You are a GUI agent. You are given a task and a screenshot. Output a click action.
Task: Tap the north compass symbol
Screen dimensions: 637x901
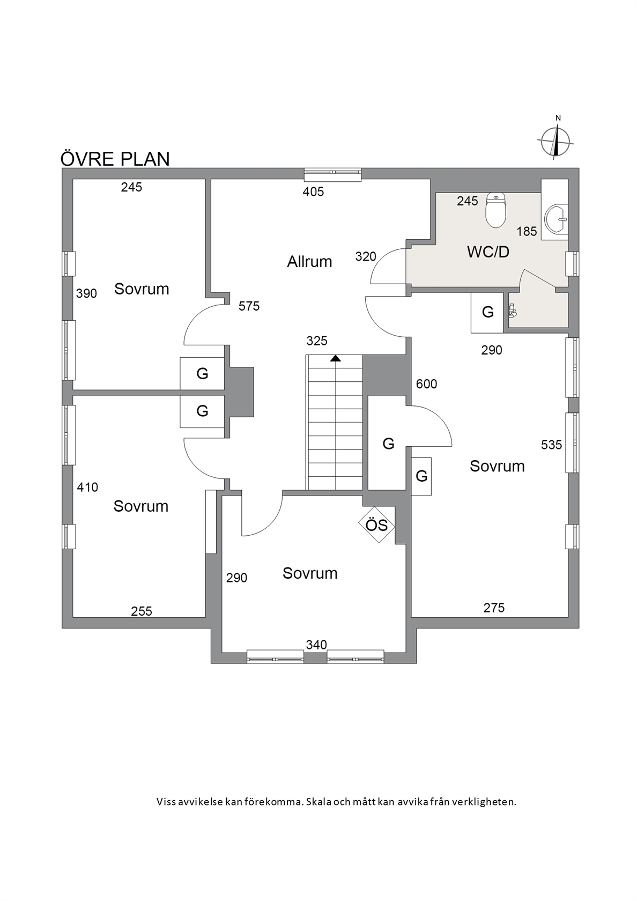pyautogui.click(x=555, y=141)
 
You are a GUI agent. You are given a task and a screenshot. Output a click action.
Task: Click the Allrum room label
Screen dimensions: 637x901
pyautogui.click(x=309, y=262)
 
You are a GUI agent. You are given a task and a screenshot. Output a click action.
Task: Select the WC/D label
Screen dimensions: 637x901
pyautogui.click(x=488, y=252)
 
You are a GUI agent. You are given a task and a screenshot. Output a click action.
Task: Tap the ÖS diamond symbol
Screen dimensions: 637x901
pyautogui.click(x=377, y=525)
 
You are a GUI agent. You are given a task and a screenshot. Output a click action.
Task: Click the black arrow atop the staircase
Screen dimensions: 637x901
pyautogui.click(x=336, y=358)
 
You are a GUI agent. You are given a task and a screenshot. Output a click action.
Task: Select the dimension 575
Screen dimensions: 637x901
pyautogui.click(x=249, y=307)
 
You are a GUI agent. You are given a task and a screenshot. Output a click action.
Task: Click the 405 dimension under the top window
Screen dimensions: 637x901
pyautogui.click(x=313, y=192)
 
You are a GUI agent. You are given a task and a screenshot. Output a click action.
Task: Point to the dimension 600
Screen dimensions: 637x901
pyautogui.click(x=426, y=384)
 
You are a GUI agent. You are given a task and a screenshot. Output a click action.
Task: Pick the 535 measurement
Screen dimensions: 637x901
pyautogui.click(x=551, y=445)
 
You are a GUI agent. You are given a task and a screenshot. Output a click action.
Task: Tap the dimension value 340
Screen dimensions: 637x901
pyautogui.click(x=316, y=645)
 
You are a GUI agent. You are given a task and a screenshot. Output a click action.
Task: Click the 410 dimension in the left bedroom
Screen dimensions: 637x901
pyautogui.click(x=87, y=488)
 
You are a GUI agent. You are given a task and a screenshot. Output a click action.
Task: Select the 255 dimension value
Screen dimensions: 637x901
pyautogui.click(x=142, y=611)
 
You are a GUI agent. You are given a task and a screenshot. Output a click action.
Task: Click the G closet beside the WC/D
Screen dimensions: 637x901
pyautogui.click(x=487, y=312)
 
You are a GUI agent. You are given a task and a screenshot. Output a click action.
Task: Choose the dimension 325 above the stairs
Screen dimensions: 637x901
pyautogui.click(x=317, y=341)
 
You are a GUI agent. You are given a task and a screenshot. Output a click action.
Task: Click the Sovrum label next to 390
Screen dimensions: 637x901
pyautogui.click(x=142, y=289)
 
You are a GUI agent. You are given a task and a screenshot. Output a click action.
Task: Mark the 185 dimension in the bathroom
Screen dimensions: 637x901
pyautogui.click(x=527, y=231)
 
